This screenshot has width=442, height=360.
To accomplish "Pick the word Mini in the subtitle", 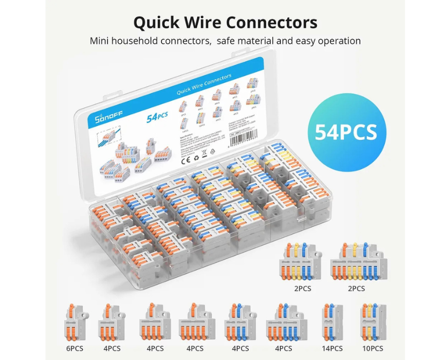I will click(x=100, y=41).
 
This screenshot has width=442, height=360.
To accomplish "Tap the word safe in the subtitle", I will click(x=227, y=41).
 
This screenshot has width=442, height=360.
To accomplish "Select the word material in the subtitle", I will click(x=261, y=41).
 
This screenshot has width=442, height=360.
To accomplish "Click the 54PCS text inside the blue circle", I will click(x=346, y=132).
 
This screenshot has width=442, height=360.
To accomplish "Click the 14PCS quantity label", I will click(x=332, y=348).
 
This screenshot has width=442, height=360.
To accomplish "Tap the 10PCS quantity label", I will click(x=371, y=348).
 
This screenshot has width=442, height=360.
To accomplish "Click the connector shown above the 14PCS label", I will click(x=331, y=321).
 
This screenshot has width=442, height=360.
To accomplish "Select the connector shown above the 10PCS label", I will click(x=371, y=321).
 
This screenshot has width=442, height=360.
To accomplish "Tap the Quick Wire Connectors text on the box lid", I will click(x=204, y=86).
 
